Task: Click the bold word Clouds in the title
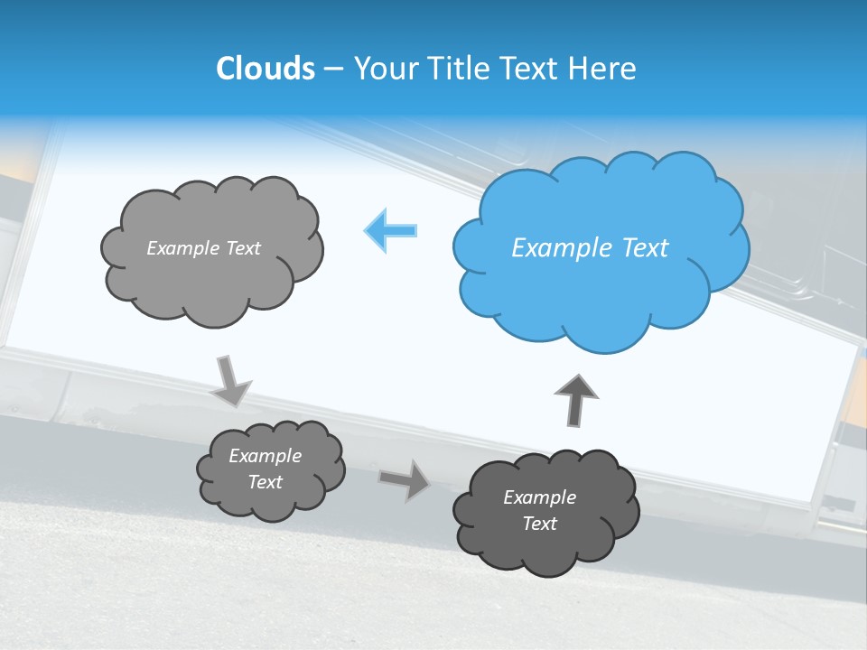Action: [265, 69]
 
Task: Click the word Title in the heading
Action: [459, 69]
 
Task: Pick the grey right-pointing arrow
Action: [405, 479]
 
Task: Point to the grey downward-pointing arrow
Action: [231, 382]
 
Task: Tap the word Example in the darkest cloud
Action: [539, 497]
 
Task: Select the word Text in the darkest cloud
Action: [539, 524]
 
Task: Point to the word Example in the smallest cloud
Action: [265, 456]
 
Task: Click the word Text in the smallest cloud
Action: [265, 482]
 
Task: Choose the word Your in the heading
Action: [385, 69]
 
